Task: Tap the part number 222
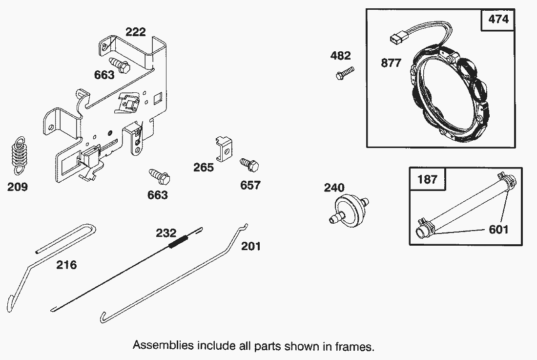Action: click(135, 32)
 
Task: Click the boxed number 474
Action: click(498, 20)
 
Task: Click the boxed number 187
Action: click(428, 179)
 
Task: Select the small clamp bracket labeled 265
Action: click(223, 147)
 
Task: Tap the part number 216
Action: click(66, 265)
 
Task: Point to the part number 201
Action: click(251, 246)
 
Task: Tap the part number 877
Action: click(391, 63)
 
